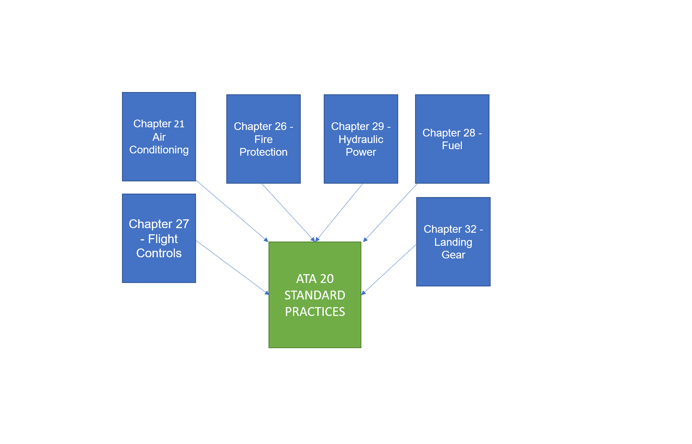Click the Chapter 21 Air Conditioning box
pyautogui.click(x=159, y=136)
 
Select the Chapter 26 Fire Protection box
pyautogui.click(x=263, y=139)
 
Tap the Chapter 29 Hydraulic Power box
pyautogui.click(x=361, y=139)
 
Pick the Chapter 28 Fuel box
pyautogui.click(x=452, y=139)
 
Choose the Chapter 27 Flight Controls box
pyautogui.click(x=159, y=238)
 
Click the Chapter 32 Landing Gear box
pyautogui.click(x=453, y=242)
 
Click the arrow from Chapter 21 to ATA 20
pyautogui.click(x=232, y=211)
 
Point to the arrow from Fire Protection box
pyautogui.click(x=288, y=212)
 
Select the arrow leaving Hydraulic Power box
pyautogui.click(x=339, y=212)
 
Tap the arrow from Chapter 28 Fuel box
pyautogui.click(x=390, y=212)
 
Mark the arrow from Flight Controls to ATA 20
pyautogui.click(x=232, y=267)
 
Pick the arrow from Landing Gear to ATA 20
pyautogui.click(x=389, y=270)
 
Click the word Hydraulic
pyautogui.click(x=361, y=139)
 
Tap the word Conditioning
pyautogui.click(x=159, y=150)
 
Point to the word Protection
pyautogui.click(x=263, y=152)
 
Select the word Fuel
pyautogui.click(x=452, y=146)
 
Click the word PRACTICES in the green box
pyautogui.click(x=315, y=312)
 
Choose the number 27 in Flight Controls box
pyautogui.click(x=182, y=224)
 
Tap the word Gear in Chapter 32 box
pyautogui.click(x=453, y=255)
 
